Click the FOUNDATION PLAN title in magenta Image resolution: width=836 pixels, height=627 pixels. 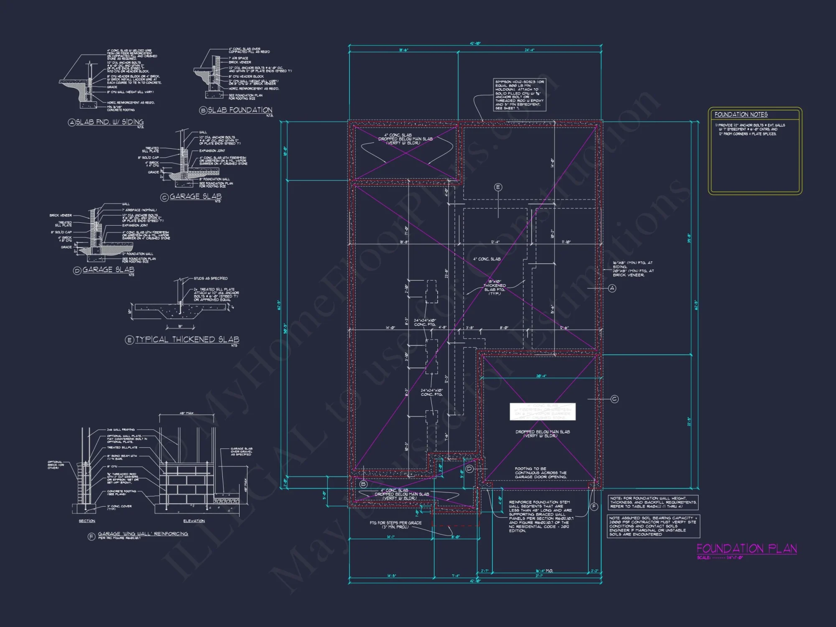coord(747,548)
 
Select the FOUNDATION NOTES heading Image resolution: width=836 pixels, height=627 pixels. coord(741,115)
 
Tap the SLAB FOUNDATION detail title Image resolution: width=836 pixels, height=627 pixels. coord(240,110)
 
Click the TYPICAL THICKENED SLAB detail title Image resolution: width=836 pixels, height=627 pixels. coord(187,339)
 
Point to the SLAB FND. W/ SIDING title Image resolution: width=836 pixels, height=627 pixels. coord(110,122)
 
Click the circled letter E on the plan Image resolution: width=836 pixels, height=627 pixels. coord(498,187)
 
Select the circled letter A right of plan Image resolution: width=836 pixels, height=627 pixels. coord(612,288)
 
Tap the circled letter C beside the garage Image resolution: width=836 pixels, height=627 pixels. coord(614,399)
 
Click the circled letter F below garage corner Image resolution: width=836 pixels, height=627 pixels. coord(594,507)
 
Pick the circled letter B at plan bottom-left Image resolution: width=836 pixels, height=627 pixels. coord(363,484)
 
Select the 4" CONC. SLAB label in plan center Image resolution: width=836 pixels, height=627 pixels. coord(487,259)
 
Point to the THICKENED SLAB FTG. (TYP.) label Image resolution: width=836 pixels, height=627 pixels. coord(494,287)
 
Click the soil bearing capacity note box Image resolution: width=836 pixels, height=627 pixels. coord(653,526)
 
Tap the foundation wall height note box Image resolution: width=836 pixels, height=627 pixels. coord(653,502)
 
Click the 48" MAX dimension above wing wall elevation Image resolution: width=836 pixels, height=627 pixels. coord(186,413)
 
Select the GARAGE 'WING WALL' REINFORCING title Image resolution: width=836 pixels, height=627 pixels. coord(143,534)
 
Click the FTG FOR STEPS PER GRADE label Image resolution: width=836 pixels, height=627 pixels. coord(395,525)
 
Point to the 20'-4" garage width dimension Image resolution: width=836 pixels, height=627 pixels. coord(541,376)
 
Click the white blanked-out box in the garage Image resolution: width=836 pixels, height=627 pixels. coord(543,412)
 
